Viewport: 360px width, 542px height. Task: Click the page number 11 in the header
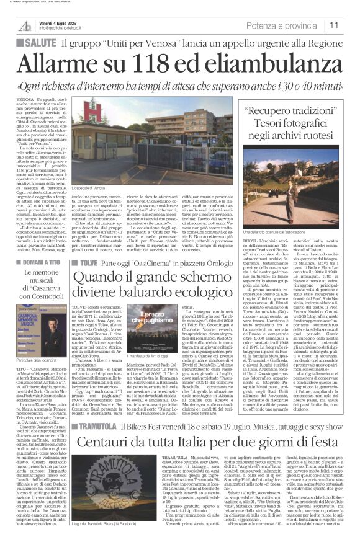click(x=351, y=24)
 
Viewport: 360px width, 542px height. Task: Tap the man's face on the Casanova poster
click(x=49, y=301)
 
